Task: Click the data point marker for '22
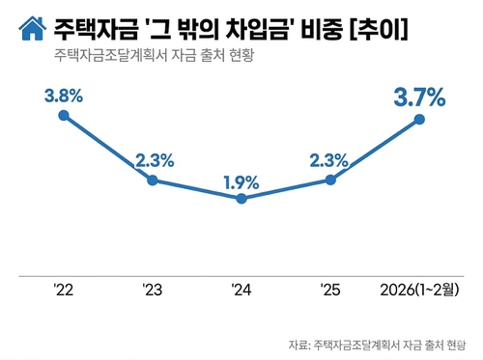click(64, 115)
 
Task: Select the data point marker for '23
click(153, 180)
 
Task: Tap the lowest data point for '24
click(241, 199)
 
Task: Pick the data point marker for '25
click(330, 180)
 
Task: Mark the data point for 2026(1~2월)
click(419, 120)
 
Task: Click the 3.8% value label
click(64, 96)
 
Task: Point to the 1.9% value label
click(241, 180)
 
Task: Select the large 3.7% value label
click(419, 97)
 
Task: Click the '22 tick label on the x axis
click(64, 290)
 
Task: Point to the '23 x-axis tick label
click(153, 290)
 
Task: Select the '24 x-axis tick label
click(241, 290)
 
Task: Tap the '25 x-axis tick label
click(330, 290)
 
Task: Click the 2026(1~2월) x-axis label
click(419, 290)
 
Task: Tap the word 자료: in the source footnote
click(299, 343)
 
